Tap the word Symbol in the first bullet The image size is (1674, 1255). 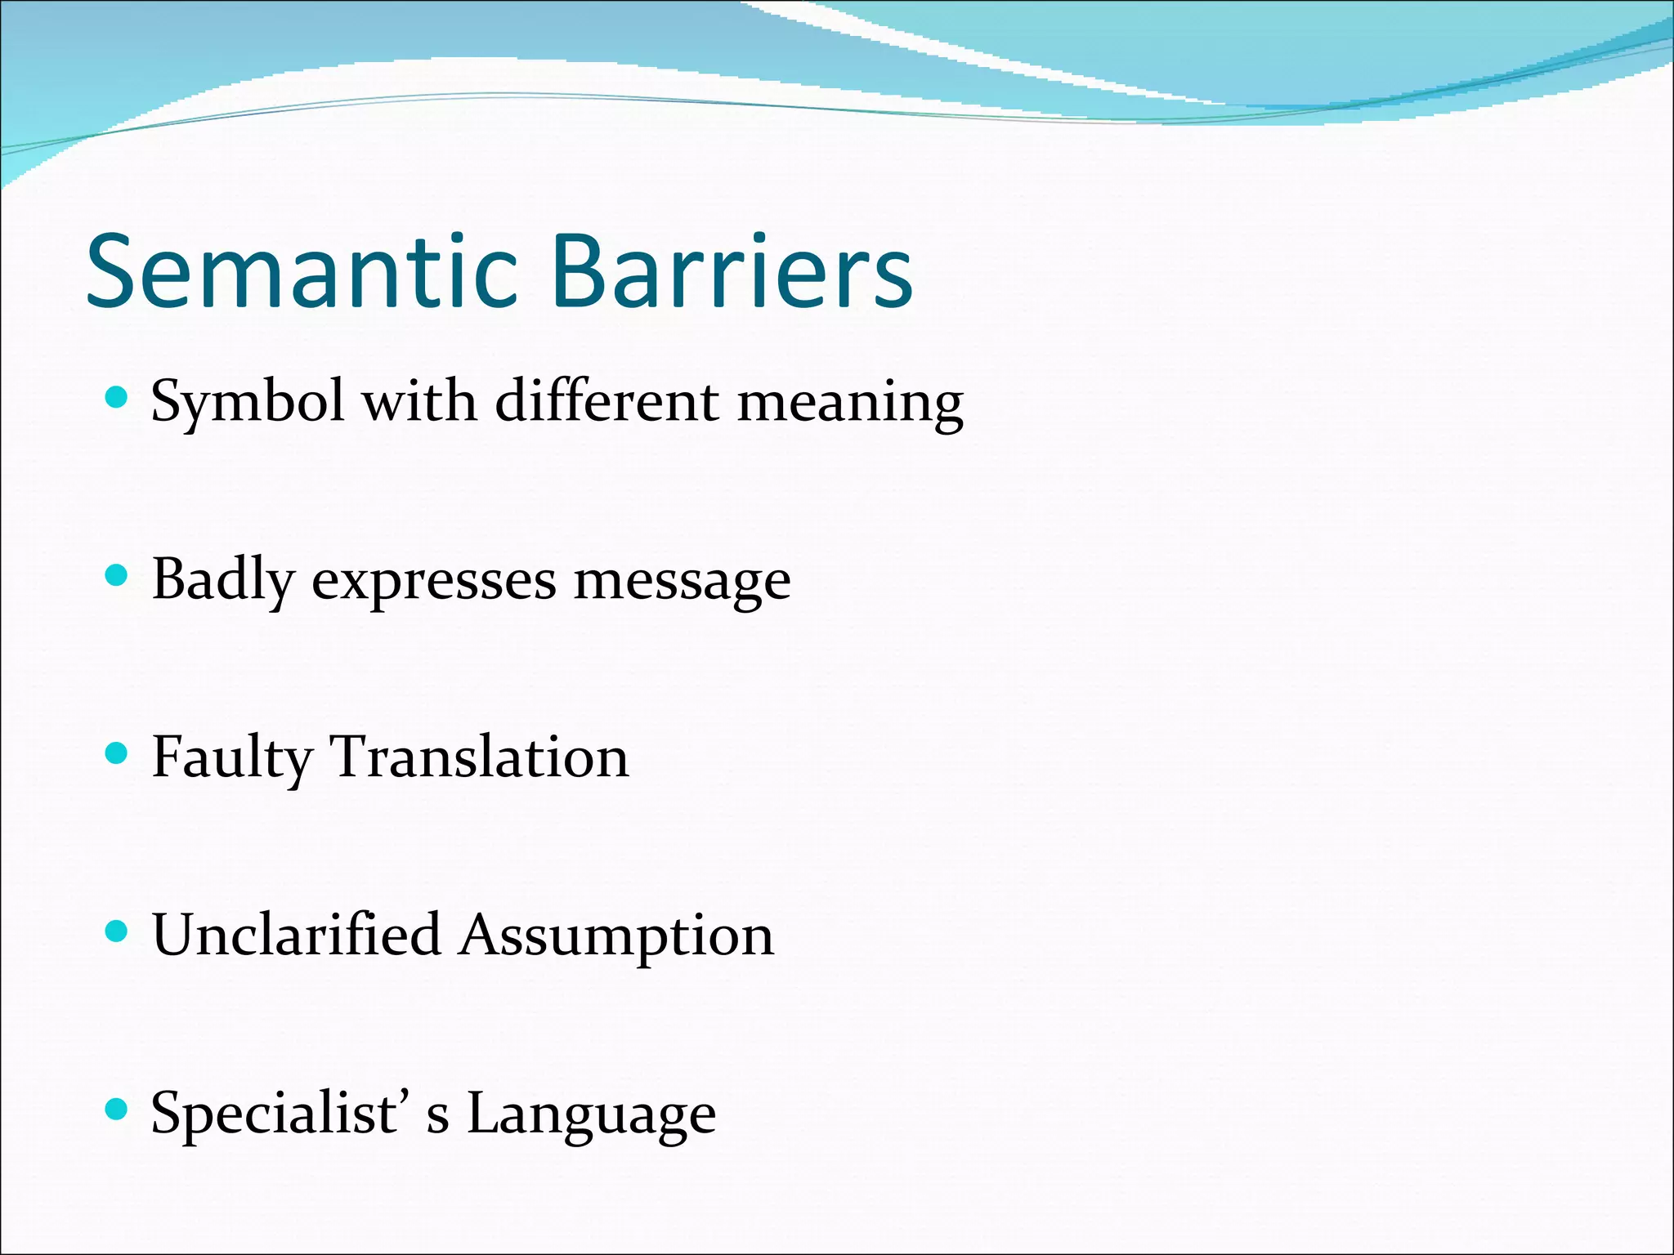(x=248, y=402)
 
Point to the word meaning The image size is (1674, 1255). (x=850, y=402)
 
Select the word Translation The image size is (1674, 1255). (x=479, y=756)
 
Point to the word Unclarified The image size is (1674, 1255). (x=296, y=934)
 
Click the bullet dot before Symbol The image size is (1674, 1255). (x=118, y=398)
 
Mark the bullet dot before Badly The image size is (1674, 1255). (x=118, y=576)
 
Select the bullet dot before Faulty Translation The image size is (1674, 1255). (x=118, y=753)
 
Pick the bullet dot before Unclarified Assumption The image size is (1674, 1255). (x=118, y=931)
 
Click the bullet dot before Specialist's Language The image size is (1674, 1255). (x=118, y=1109)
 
